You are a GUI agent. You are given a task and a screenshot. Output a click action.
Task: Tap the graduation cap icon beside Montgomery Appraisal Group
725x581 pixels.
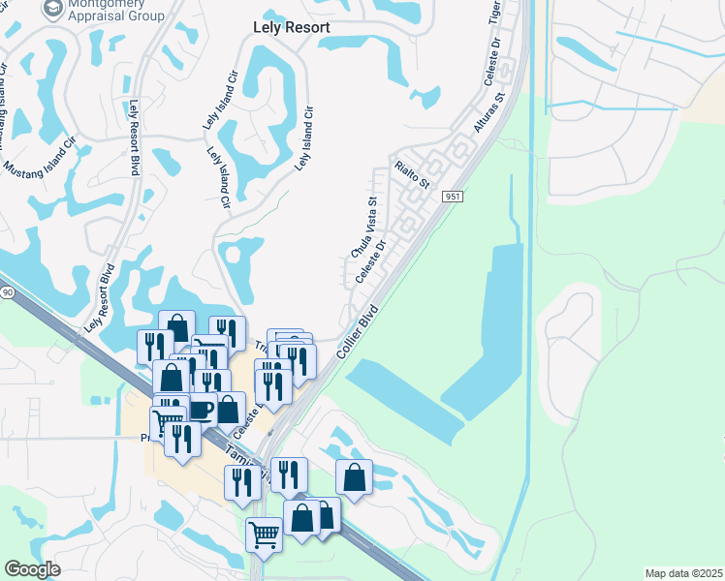52,8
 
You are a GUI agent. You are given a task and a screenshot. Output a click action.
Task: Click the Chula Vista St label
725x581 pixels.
362,228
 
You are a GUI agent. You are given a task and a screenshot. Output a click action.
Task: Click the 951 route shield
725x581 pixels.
454,196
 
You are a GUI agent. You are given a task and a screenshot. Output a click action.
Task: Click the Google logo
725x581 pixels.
33,569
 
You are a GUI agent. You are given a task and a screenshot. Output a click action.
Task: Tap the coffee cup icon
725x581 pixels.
201,409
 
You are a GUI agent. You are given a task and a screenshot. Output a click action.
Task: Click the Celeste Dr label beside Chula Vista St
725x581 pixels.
371,262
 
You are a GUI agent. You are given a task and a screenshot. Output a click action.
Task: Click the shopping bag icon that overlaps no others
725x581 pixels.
355,476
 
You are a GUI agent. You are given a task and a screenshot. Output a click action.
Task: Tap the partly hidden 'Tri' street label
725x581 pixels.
260,346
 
